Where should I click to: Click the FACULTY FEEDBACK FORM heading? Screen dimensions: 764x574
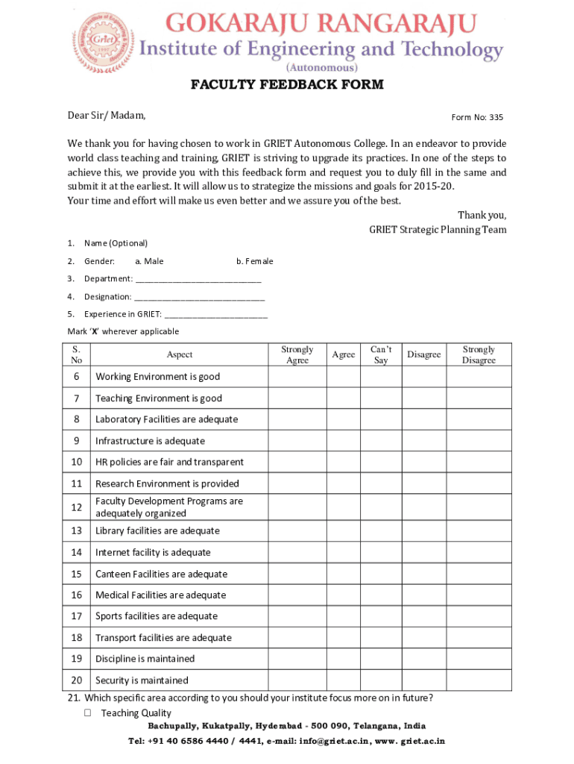click(287, 84)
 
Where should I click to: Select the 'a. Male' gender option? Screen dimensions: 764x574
click(149, 261)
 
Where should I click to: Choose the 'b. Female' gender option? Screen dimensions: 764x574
click(255, 261)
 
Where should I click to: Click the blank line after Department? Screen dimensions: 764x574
click(199, 279)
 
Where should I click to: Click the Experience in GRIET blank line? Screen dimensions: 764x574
click(215, 314)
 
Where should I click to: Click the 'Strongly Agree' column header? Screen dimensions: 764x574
click(297, 354)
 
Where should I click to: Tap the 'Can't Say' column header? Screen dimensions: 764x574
click(381, 354)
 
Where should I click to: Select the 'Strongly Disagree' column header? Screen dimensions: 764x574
click(479, 354)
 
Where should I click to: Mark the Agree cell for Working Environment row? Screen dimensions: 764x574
click(343, 377)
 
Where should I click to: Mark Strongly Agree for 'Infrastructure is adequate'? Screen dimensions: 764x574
click(297, 441)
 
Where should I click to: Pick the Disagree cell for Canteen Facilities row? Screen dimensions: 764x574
click(423, 574)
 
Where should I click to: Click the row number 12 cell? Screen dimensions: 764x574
click(77, 507)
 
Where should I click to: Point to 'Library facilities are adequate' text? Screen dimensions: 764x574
click(157, 531)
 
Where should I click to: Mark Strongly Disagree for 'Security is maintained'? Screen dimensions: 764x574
click(479, 680)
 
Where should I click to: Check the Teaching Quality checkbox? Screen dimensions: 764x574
click(87, 713)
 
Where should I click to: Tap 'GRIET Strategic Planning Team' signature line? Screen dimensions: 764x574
click(438, 230)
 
